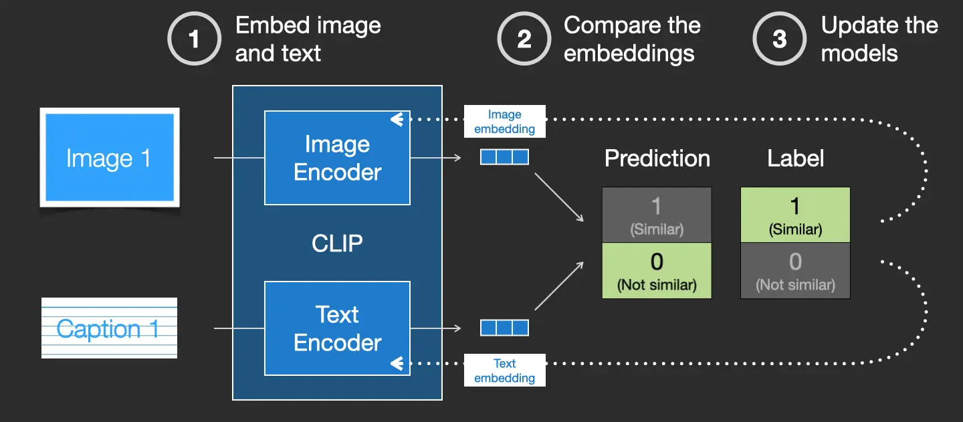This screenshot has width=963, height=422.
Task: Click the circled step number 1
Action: pos(194,39)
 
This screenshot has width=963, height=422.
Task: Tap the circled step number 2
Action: pos(524,39)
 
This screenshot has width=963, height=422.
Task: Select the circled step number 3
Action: pos(780,39)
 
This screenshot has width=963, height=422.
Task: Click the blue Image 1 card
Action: pos(110,159)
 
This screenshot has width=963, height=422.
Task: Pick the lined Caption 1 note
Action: pos(109,328)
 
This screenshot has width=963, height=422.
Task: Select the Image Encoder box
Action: pos(337,158)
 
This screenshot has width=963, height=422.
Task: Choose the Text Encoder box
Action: pos(337,328)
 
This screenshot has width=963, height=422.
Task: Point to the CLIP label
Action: pos(337,243)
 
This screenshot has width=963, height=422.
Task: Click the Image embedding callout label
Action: pos(505,122)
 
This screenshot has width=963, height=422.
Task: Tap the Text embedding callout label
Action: pos(505,371)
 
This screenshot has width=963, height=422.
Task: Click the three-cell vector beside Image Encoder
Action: pos(505,157)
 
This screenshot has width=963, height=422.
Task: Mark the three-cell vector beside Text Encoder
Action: pos(505,328)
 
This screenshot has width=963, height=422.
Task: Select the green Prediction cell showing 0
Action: pos(657,270)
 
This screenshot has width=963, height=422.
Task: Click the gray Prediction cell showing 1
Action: pos(657,215)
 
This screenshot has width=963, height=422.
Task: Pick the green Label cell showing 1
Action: pos(795,215)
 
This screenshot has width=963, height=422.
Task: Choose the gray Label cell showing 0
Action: pos(795,270)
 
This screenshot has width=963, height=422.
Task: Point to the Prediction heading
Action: pos(657,159)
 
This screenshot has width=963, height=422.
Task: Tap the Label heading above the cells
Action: pos(795,159)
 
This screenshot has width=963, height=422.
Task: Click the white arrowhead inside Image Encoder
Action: pos(397,120)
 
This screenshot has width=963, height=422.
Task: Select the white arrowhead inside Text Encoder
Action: pos(397,364)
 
